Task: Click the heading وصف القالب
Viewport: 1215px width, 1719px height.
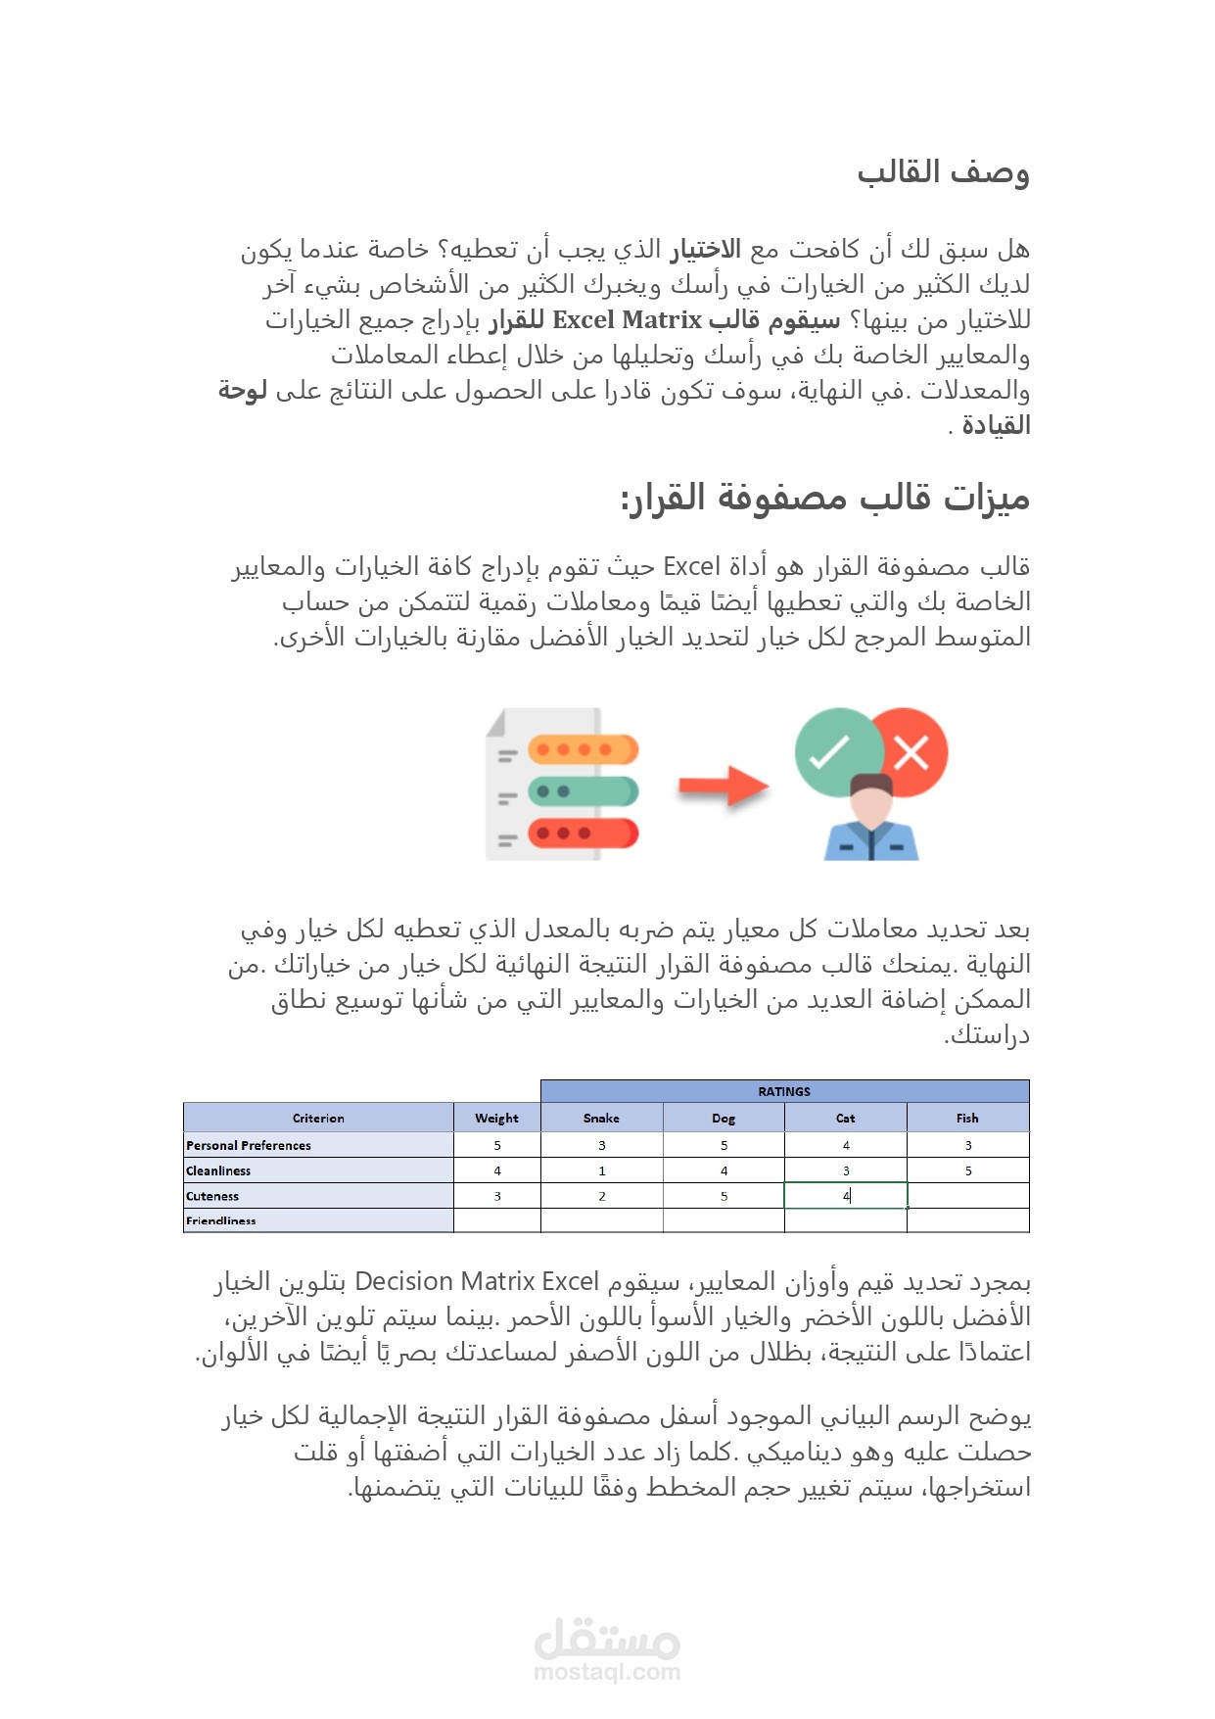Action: pos(943,172)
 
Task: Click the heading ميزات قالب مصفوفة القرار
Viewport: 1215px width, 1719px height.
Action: pos(824,498)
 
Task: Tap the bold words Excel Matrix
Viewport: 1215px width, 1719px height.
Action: pos(627,320)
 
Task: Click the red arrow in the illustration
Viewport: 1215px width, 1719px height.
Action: pos(724,786)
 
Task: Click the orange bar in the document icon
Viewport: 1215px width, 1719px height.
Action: pos(583,750)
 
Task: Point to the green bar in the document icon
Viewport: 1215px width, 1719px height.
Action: pos(583,791)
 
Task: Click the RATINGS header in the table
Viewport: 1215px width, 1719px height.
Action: pos(784,1091)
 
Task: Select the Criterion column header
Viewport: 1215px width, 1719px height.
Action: pos(318,1118)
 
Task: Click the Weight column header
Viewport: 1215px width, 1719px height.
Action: pos(496,1118)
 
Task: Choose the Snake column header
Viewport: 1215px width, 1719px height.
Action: pos(601,1118)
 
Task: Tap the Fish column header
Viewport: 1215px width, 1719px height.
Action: pos(967,1118)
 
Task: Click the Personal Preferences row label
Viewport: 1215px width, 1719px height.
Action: pos(249,1145)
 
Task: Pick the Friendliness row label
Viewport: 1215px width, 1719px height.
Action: pos(221,1220)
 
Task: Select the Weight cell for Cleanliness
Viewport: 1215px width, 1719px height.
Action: pos(496,1170)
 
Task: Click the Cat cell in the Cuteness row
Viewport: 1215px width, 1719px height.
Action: pos(846,1196)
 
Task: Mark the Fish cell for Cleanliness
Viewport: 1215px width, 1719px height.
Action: pos(967,1170)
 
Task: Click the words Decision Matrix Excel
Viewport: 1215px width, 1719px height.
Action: pos(476,1282)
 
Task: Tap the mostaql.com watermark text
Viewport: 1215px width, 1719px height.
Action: pos(607,1672)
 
